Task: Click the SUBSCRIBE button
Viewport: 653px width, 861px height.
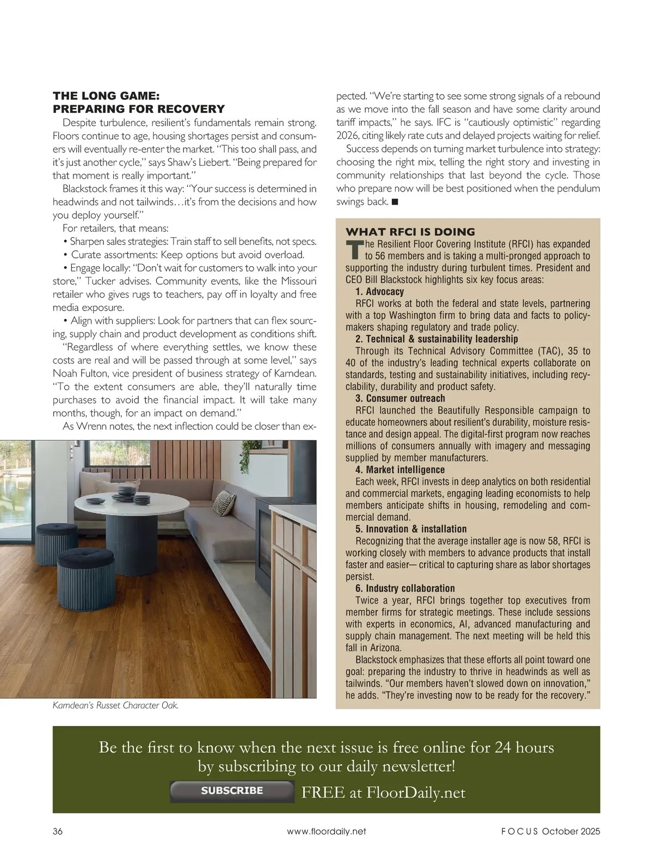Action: point(232,791)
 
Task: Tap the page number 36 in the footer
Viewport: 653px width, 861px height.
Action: point(58,831)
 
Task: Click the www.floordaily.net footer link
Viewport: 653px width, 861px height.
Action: point(326,831)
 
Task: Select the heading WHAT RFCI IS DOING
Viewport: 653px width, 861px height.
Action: point(410,231)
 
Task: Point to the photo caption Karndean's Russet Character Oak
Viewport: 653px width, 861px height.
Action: point(116,705)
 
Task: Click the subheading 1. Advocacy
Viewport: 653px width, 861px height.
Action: point(379,292)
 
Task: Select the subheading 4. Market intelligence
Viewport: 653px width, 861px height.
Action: point(400,470)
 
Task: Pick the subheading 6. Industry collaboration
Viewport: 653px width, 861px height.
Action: point(405,588)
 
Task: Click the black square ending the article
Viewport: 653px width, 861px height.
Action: point(395,202)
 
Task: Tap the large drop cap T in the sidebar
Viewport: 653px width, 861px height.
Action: point(354,249)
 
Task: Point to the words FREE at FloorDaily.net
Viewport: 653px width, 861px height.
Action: point(383,792)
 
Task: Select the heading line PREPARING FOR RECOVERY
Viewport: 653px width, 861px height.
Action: point(139,109)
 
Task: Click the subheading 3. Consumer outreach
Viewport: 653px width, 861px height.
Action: point(400,398)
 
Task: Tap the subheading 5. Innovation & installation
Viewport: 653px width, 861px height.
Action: point(411,529)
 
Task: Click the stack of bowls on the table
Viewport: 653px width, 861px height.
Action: point(126,493)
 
